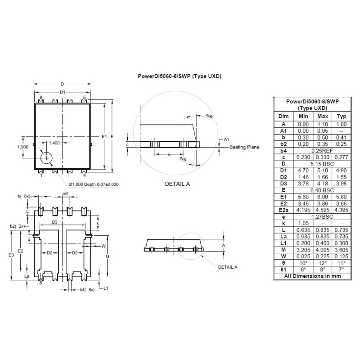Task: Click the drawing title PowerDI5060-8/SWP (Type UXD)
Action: point(179,76)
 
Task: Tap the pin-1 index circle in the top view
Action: point(46,157)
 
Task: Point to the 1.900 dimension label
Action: point(23,147)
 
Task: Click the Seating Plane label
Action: point(244,147)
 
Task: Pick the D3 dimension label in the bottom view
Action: point(54,222)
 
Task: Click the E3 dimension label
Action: point(11,255)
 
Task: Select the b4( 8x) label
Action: point(87,289)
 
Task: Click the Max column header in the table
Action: point(323,116)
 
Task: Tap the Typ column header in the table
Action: point(342,116)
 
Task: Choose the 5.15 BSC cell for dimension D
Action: point(323,164)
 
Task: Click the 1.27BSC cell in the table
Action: point(323,216)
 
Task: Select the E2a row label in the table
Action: point(283,210)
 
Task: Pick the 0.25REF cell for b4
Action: point(323,150)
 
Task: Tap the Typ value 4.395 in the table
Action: point(342,210)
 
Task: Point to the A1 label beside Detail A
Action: point(227,139)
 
